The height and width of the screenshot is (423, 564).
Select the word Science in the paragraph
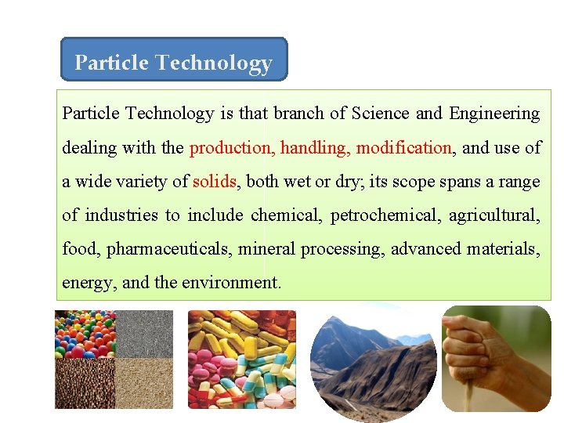(380, 114)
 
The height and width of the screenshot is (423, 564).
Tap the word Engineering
(494, 114)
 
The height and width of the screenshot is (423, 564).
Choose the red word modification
(403, 147)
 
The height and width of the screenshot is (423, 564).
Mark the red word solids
(214, 182)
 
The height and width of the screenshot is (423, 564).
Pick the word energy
(87, 283)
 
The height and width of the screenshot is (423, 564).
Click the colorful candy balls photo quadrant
(85, 334)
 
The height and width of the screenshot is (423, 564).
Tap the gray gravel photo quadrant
(144, 334)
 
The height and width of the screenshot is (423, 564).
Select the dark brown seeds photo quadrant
(85, 383)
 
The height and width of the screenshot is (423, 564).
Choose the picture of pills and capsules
(242, 359)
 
